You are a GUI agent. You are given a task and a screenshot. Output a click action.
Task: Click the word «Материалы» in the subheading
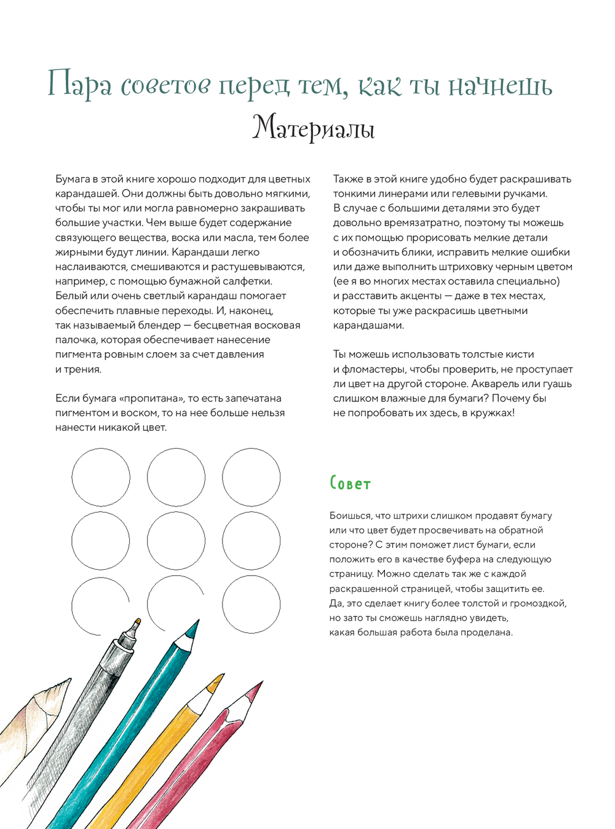pos(313,128)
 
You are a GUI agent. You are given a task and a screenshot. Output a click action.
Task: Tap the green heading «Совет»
pos(350,484)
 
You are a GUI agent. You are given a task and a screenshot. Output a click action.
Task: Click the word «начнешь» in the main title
pos(500,87)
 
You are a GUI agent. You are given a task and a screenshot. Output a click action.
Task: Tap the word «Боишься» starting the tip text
pos(350,516)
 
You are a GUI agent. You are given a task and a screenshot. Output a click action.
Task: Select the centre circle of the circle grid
pos(176,541)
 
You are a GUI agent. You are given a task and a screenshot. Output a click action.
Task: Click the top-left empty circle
pos(101,477)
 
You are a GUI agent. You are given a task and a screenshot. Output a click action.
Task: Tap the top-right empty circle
pos(251,477)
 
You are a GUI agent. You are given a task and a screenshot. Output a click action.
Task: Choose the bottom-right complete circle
pos(251,604)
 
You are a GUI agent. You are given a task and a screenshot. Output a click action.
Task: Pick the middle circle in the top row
pos(176,477)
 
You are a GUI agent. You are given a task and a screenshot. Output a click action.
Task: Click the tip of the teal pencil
pos(197,623)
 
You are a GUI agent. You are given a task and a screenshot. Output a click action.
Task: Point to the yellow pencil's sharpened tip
pos(222,676)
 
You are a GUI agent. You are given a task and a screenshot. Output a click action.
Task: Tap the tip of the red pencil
pos(261,683)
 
